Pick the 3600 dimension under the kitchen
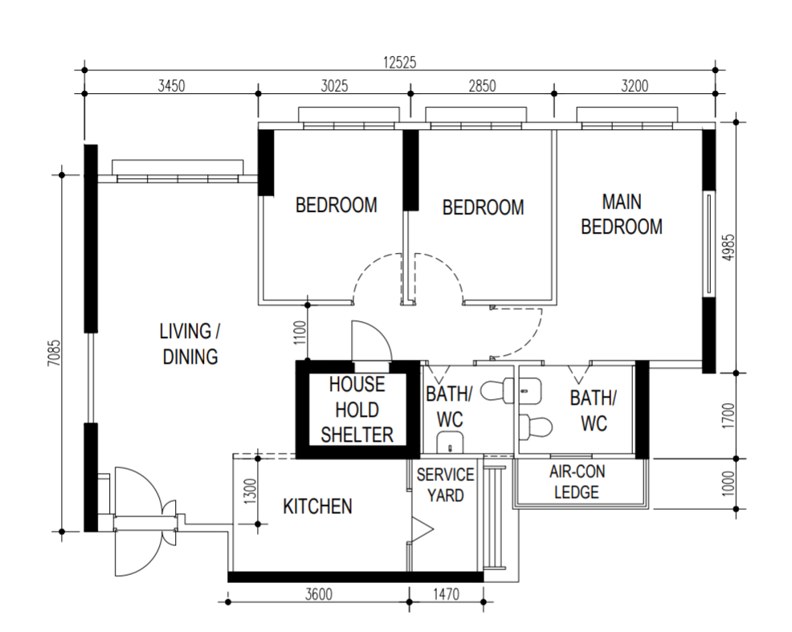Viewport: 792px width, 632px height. click(319, 595)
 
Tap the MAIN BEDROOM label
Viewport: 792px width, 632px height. click(622, 214)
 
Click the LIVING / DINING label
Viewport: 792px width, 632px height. click(190, 344)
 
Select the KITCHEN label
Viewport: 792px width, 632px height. click(317, 506)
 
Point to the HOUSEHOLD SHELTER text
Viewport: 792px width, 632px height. click(357, 410)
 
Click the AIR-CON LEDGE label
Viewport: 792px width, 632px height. click(577, 482)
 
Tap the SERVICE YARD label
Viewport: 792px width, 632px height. click(445, 484)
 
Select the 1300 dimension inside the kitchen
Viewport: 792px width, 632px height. click(249, 490)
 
